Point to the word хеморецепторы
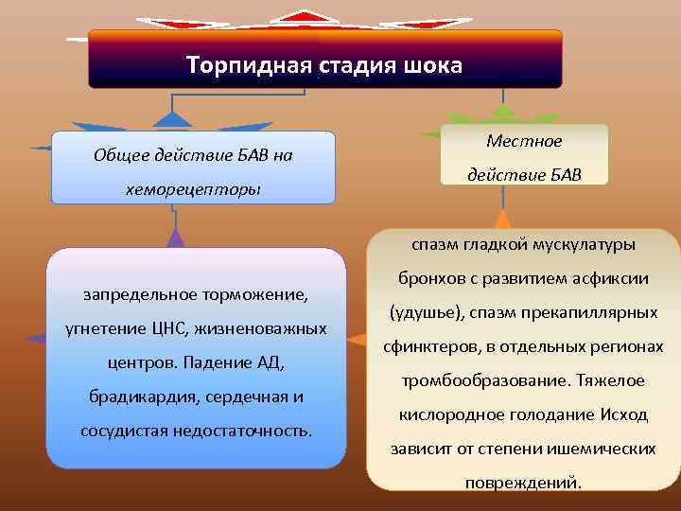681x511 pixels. (x=193, y=190)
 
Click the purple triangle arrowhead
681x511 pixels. (x=175, y=237)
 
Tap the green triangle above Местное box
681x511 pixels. (x=504, y=113)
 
